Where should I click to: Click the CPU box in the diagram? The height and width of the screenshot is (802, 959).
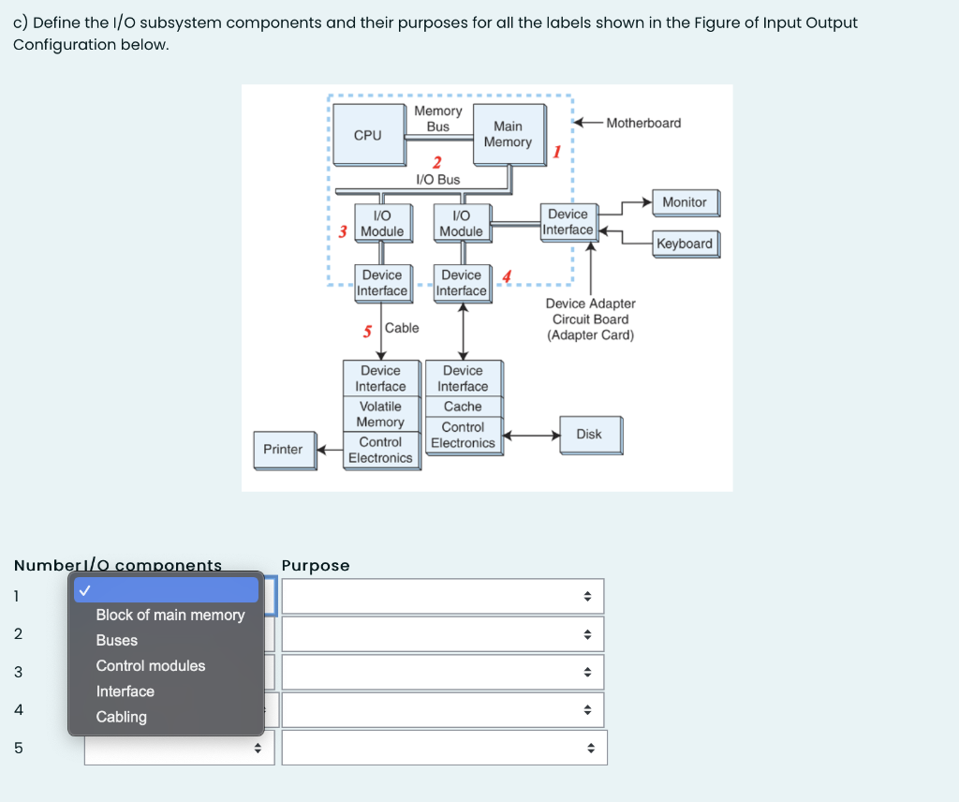(368, 135)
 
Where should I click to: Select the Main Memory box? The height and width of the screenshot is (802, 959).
(508, 134)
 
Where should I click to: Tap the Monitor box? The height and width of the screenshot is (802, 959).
(684, 202)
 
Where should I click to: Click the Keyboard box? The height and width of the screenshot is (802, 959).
(684, 244)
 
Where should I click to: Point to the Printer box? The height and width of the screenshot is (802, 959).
(283, 450)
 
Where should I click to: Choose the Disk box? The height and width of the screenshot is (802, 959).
(589, 435)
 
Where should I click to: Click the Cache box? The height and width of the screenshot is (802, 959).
(463, 407)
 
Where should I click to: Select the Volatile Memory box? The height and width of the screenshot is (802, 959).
(380, 414)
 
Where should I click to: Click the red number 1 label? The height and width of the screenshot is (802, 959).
(556, 152)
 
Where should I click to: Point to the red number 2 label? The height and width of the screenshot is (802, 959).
(436, 163)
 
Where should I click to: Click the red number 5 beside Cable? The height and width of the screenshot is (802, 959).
(368, 331)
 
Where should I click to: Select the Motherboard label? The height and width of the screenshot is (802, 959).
(643, 123)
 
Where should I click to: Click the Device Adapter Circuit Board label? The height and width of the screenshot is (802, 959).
(590, 319)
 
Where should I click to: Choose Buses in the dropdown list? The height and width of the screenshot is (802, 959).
(117, 641)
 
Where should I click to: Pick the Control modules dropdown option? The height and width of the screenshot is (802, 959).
(151, 666)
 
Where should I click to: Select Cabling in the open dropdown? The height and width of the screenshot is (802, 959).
(122, 717)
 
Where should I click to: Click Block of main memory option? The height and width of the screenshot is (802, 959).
(170, 616)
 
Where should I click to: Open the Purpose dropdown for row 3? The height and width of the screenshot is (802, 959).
(443, 672)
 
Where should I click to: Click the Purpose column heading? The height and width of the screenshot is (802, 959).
(316, 566)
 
